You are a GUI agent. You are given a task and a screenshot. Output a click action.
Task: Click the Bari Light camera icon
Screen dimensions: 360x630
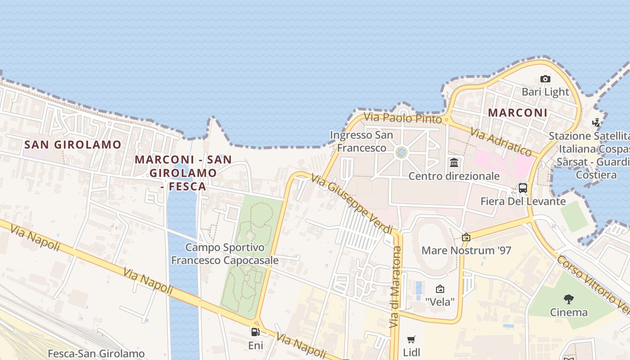[545, 79]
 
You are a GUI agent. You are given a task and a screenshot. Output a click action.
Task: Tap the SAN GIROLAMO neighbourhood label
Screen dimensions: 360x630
[73, 144]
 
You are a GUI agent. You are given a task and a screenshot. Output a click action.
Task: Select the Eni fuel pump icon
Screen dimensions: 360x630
[255, 333]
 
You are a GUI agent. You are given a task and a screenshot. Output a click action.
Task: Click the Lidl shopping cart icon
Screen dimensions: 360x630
[411, 339]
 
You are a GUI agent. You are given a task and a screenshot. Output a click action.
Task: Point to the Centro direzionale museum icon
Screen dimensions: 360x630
[454, 162]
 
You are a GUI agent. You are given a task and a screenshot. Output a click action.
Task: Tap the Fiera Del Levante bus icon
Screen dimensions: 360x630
[523, 188]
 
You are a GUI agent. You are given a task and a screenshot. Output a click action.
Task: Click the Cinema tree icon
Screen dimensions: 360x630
[569, 299]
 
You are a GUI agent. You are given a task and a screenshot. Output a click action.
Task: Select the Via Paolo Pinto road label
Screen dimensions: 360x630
[403, 118]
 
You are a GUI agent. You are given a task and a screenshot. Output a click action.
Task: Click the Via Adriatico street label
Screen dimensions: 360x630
[501, 142]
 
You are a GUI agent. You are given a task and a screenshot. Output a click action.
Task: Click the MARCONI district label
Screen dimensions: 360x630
[517, 112]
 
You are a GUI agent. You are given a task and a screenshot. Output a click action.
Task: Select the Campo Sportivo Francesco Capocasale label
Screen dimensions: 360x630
[225, 254]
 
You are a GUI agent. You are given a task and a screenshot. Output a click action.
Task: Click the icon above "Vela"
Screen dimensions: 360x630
[440, 289]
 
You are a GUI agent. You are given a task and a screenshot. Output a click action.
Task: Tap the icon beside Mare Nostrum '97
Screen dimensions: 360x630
[466, 237]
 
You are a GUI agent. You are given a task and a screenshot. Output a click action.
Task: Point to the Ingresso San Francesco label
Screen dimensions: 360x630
[361, 141]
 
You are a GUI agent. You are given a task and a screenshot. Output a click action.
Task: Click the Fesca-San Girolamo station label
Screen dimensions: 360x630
[96, 354]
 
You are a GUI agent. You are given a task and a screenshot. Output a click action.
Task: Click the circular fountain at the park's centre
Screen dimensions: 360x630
[401, 153]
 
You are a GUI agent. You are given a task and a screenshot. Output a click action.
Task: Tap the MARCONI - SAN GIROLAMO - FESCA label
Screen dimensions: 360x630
[183, 172]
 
